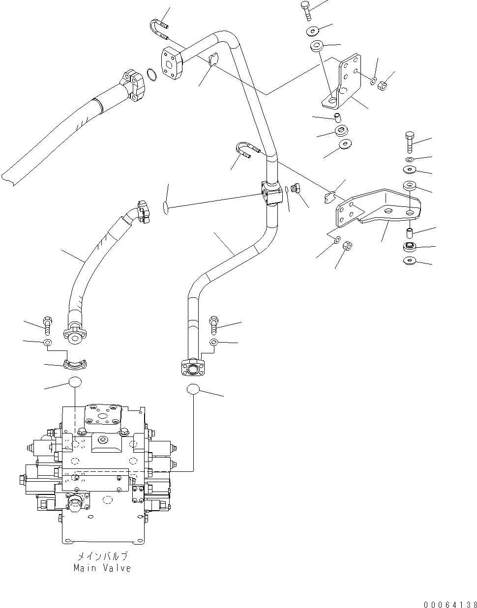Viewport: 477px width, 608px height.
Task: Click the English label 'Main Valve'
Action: click(102, 568)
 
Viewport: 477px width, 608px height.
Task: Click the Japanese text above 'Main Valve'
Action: click(102, 557)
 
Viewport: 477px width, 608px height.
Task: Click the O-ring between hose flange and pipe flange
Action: click(152, 75)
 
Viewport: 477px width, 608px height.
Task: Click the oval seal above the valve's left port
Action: click(75, 382)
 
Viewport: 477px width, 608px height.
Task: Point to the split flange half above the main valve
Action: click(75, 364)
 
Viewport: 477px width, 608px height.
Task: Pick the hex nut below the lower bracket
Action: click(346, 245)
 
